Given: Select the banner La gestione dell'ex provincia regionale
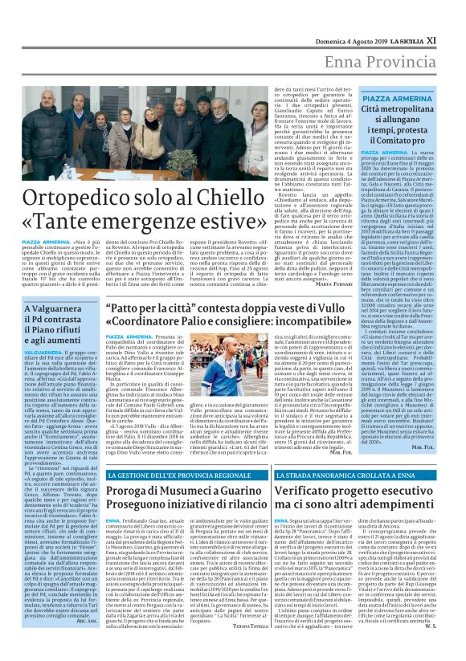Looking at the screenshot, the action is coord(166,476).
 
